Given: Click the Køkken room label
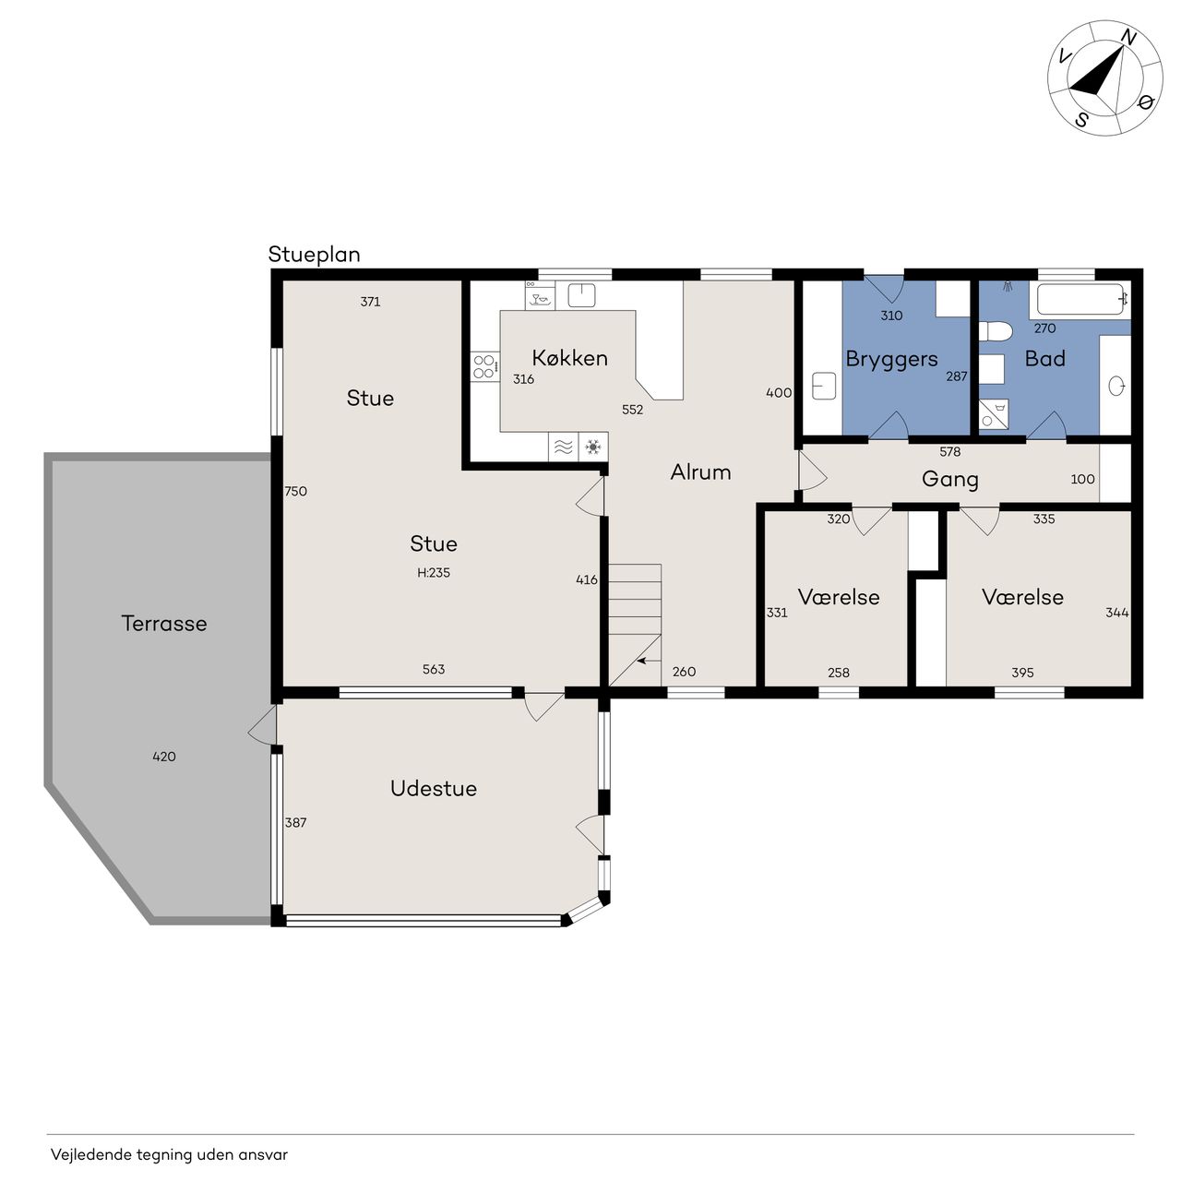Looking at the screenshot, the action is click(569, 358).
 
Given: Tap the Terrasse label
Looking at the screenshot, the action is click(164, 624).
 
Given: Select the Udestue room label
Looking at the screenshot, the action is click(434, 788).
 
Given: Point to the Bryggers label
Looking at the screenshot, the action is click(891, 360).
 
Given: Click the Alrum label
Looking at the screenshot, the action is click(700, 471).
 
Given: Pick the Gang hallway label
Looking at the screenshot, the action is click(950, 480).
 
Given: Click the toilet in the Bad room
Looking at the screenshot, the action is click(995, 331).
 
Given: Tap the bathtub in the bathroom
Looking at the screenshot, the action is click(1083, 299).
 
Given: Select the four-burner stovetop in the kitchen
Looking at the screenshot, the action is click(484, 366).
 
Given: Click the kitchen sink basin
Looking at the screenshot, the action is click(581, 295).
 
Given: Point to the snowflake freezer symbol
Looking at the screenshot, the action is click(592, 447).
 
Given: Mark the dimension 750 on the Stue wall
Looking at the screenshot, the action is click(295, 492).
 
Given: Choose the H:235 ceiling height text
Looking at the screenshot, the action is click(434, 572).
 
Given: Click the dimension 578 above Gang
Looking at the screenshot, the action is click(950, 452).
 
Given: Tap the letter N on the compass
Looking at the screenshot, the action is click(1129, 39).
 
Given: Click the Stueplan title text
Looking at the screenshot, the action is click(314, 255).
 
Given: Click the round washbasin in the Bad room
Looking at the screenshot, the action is click(1116, 386).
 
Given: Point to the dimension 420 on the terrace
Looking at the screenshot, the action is click(164, 757).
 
